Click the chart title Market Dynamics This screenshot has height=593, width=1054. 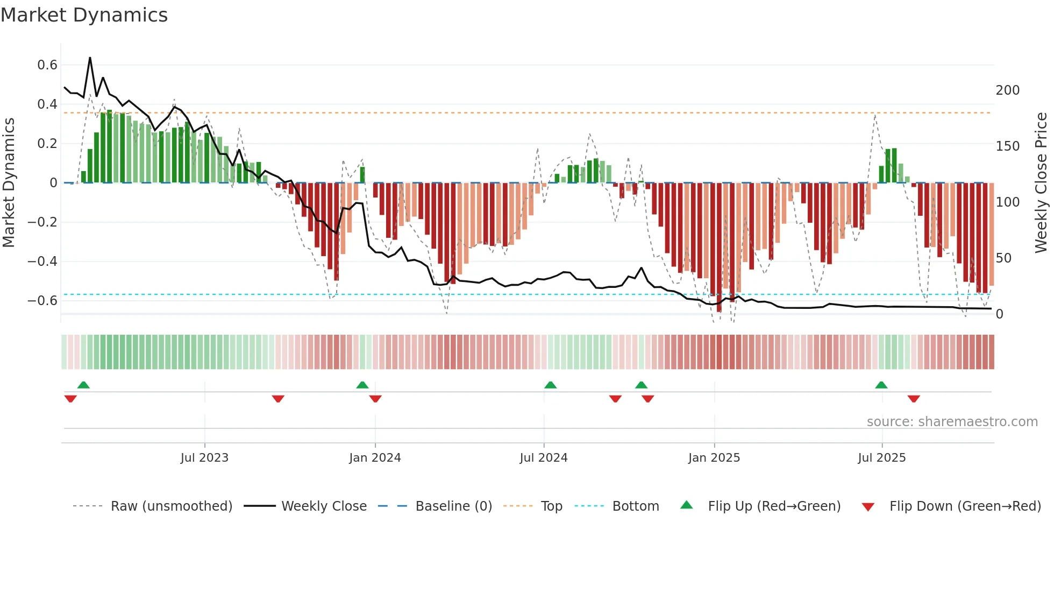pyautogui.click(x=84, y=15)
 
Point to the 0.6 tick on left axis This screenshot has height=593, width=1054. pyautogui.click(x=47, y=65)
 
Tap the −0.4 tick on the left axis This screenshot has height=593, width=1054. pyautogui.click(x=42, y=262)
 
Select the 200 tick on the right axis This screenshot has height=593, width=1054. pyautogui.click(x=1007, y=90)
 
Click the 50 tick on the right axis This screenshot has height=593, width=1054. pyautogui.click(x=1003, y=258)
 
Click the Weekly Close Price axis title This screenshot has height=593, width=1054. pyautogui.click(x=1041, y=183)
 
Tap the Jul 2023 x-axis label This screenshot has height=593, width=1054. pyautogui.click(x=204, y=458)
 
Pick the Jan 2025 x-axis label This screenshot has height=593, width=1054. pyautogui.click(x=714, y=458)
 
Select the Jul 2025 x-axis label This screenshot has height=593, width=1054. pyautogui.click(x=882, y=458)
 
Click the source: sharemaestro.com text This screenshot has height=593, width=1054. pyautogui.click(x=952, y=422)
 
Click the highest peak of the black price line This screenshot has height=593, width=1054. pyautogui.click(x=90, y=58)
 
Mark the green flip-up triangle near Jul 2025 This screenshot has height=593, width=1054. pyautogui.click(x=881, y=385)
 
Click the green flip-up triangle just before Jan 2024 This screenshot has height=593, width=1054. pyautogui.click(x=362, y=385)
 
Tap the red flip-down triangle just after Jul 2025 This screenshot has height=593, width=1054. pyautogui.click(x=914, y=399)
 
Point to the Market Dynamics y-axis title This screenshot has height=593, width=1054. pyautogui.click(x=9, y=183)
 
